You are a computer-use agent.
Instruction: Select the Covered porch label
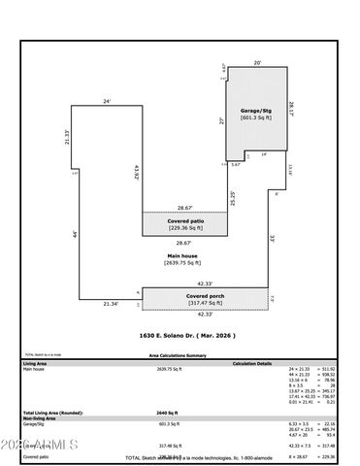point(205,295)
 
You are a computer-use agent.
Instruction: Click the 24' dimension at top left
point(107,101)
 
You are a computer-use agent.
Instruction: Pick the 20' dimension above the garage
point(257,62)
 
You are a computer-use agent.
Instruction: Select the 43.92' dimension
point(137,172)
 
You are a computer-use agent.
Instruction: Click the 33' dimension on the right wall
point(273,238)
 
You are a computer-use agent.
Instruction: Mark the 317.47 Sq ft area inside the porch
point(205,304)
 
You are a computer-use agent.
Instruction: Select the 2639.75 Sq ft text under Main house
point(180,262)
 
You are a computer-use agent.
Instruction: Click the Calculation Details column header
point(251,363)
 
